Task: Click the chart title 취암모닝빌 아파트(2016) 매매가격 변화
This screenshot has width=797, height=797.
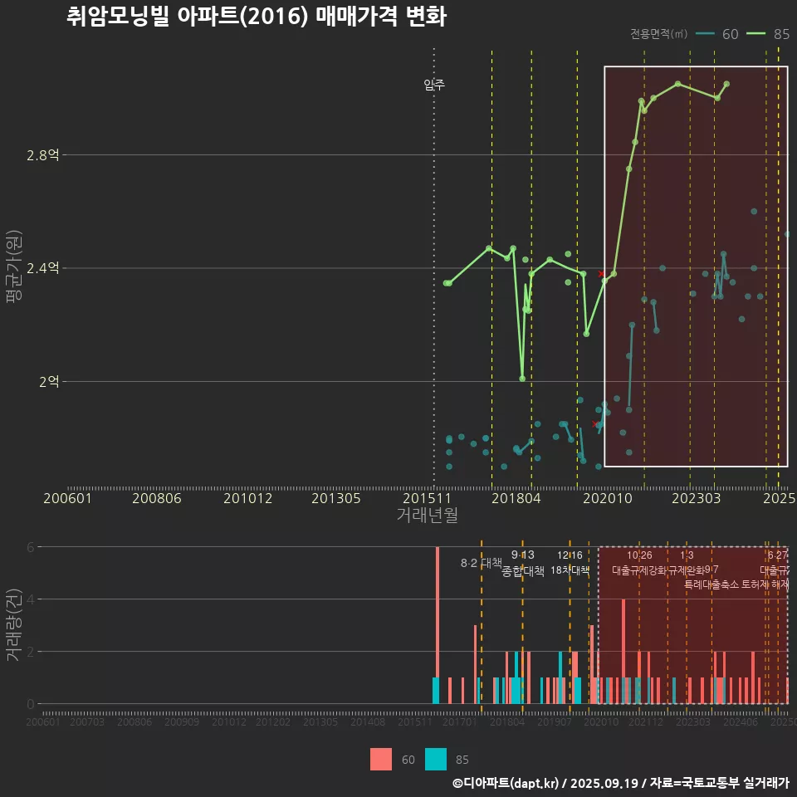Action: [257, 17]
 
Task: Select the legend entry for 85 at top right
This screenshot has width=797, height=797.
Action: [768, 34]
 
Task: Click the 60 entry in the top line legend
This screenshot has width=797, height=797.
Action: [718, 34]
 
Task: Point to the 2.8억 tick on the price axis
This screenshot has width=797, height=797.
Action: [43, 155]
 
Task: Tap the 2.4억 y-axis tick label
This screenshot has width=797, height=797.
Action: [43, 268]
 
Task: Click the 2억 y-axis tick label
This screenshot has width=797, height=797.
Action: [49, 382]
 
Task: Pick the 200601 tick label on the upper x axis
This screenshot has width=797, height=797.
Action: [67, 499]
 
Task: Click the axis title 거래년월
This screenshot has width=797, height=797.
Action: [427, 516]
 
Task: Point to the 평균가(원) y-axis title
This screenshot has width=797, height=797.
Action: [14, 269]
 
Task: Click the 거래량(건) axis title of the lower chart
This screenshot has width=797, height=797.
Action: [14, 624]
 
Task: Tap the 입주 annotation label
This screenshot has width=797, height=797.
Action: [434, 84]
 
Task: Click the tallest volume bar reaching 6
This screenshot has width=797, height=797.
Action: [438, 624]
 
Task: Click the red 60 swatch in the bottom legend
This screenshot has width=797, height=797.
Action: [381, 759]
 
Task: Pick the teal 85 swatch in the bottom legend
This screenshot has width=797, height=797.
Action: [436, 759]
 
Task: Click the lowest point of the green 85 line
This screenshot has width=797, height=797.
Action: [522, 379]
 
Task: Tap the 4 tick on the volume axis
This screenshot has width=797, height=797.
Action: [32, 599]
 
